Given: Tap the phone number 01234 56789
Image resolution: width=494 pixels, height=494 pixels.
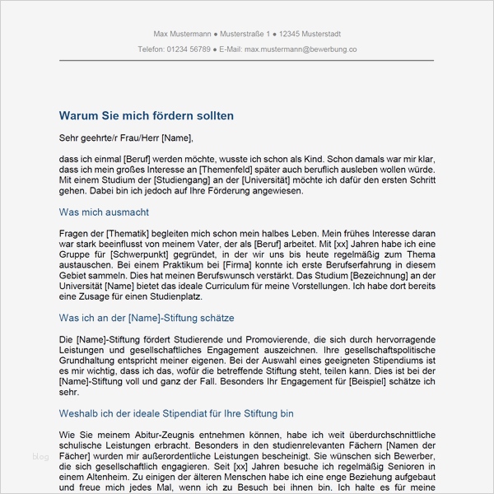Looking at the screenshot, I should (x=189, y=49).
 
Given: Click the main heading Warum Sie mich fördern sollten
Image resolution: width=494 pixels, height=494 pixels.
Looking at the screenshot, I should (x=147, y=116).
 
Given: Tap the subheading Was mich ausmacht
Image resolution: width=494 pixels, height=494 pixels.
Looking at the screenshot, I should (x=104, y=212).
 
